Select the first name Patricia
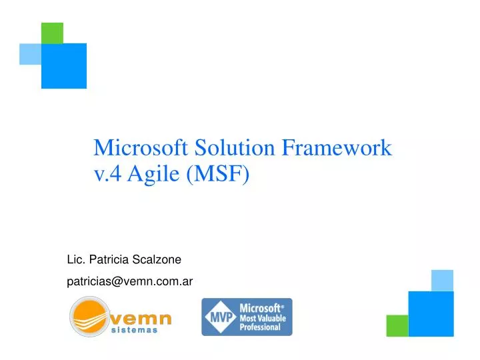pos(109,259)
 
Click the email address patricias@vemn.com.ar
pos(130,281)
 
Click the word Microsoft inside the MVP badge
pos(260,308)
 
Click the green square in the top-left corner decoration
pos(52,33)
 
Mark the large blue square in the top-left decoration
pos(64,65)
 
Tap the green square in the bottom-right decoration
pos(397,325)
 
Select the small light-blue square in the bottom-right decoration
pos(442,280)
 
